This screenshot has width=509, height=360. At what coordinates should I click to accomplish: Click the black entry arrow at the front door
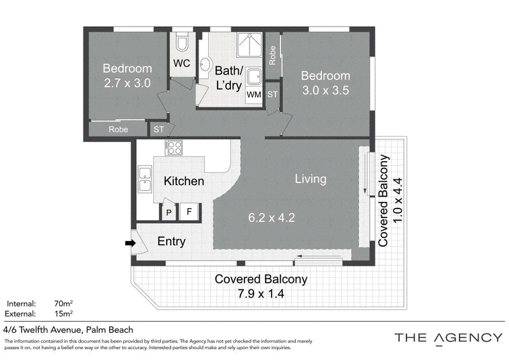pyautogui.click(x=130, y=243)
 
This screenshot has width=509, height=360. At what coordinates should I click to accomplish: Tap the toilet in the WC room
pyautogui.click(x=182, y=41)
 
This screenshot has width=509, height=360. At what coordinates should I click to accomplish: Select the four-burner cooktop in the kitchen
pyautogui.click(x=173, y=148)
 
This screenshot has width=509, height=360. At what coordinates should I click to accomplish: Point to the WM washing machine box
pyautogui.click(x=254, y=95)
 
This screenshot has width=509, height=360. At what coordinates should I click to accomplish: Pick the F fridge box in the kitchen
pyautogui.click(x=189, y=212)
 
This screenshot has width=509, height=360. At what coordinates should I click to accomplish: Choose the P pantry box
pyautogui.click(x=169, y=212)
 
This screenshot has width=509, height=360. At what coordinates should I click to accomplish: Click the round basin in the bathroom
pyautogui.click(x=205, y=65)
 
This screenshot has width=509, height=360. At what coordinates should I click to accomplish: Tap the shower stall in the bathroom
pyautogui.click(x=249, y=45)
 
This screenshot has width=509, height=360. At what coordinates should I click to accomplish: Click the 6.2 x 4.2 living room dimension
pyautogui.click(x=272, y=218)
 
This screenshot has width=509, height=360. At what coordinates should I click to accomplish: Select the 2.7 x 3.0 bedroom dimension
pyautogui.click(x=127, y=83)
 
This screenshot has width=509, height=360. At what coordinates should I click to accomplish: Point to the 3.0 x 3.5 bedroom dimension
pyautogui.click(x=326, y=90)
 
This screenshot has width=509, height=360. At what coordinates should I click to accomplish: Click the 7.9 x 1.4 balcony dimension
pyautogui.click(x=261, y=294)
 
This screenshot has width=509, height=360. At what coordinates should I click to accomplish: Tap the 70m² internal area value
pyautogui.click(x=63, y=303)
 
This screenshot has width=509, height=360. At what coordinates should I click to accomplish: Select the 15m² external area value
pyautogui.click(x=63, y=314)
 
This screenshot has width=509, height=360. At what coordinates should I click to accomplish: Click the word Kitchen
pyautogui.click(x=184, y=181)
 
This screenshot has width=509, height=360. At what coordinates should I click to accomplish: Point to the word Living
pyautogui.click(x=310, y=179)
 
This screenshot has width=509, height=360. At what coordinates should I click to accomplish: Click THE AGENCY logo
pyautogui.click(x=449, y=338)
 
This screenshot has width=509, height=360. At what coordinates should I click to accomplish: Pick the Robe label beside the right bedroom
pyautogui.click(x=272, y=55)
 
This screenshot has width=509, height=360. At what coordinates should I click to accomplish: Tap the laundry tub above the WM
pyautogui.click(x=253, y=76)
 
